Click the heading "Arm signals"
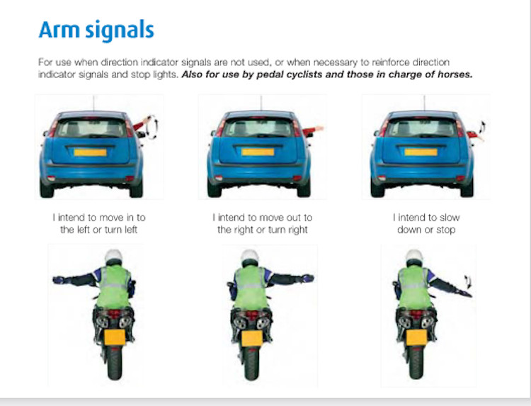(x=96, y=30)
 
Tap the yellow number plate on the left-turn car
(x=90, y=152)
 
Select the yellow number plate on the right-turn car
(x=258, y=152)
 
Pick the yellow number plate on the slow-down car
(x=421, y=152)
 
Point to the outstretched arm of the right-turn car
(x=312, y=130)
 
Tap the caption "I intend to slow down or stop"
(x=426, y=224)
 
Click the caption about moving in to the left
(x=99, y=224)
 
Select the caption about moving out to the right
(x=263, y=224)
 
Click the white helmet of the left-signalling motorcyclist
(x=114, y=256)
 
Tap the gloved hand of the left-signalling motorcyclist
(x=59, y=280)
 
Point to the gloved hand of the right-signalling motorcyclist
(x=308, y=278)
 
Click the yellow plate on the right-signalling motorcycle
(x=252, y=338)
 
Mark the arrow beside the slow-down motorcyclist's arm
(x=468, y=281)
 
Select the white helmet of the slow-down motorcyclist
(x=414, y=256)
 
